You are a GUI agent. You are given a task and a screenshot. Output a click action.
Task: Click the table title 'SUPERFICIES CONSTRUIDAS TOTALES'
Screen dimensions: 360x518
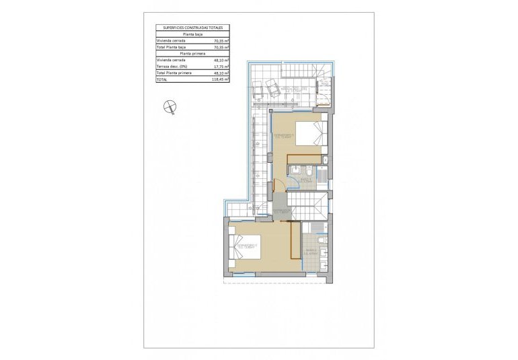tap(192, 28)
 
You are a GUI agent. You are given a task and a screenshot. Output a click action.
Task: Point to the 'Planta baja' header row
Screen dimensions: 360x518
tap(192, 34)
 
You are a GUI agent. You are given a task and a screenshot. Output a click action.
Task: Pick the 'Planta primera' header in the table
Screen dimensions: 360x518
tap(192, 53)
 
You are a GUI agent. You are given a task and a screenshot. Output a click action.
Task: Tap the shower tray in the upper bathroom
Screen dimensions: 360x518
tap(321, 176)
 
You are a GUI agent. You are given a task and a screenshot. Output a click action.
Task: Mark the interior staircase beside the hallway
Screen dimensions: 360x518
tap(308, 204)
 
